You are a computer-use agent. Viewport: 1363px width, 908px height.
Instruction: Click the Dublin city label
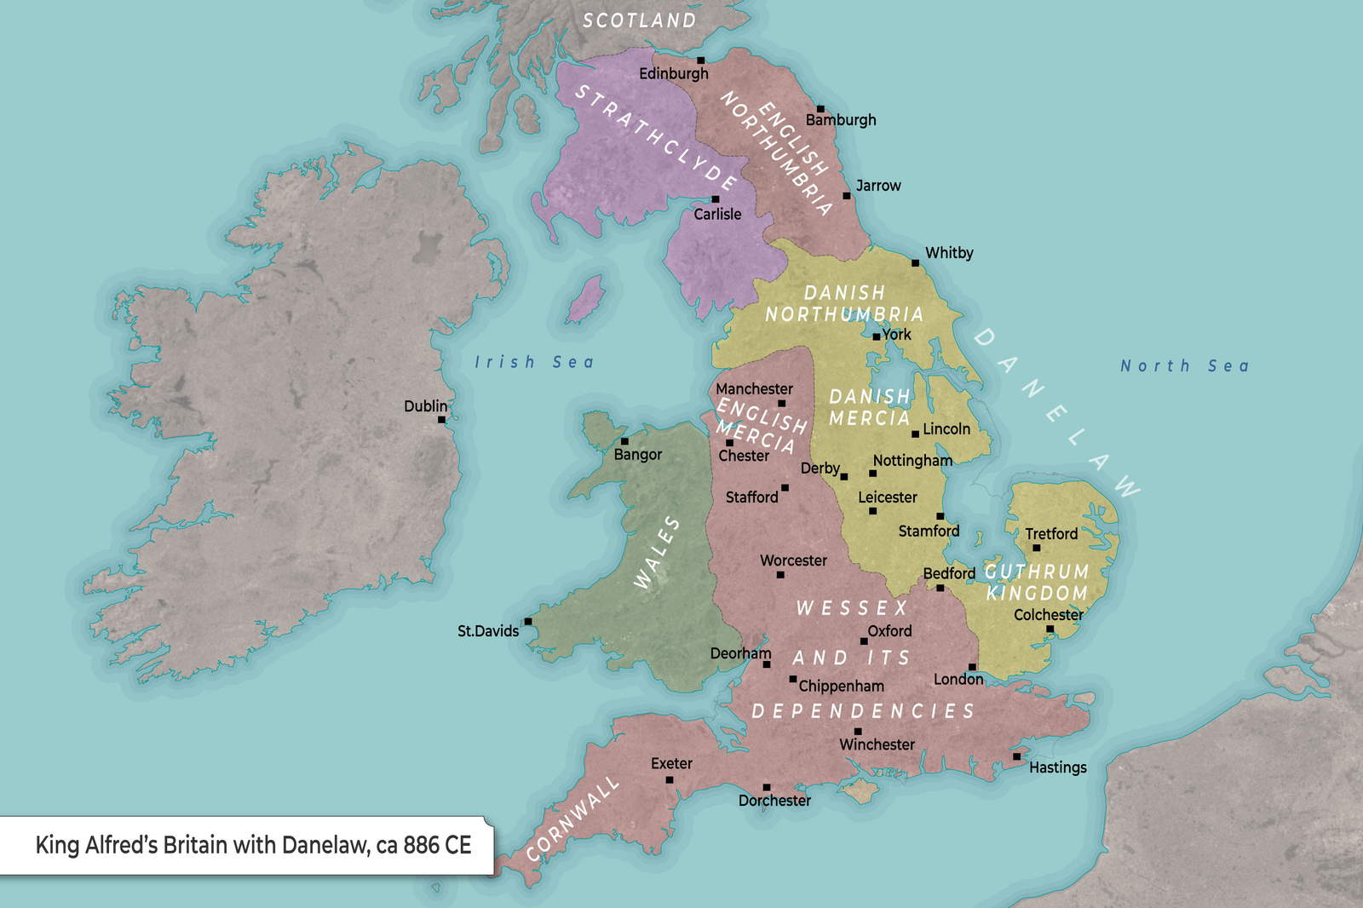[425, 406]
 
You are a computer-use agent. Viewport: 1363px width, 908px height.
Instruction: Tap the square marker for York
[876, 337]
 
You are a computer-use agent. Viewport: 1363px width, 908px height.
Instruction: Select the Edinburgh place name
[674, 74]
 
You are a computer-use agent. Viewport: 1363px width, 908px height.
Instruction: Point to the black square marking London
[972, 667]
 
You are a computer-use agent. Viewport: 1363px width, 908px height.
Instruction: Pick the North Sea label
[1184, 366]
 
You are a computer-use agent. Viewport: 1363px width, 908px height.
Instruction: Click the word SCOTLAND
[639, 20]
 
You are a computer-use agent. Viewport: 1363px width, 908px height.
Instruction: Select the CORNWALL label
[572, 819]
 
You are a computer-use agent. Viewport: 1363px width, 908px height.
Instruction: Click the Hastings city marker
[1016, 756]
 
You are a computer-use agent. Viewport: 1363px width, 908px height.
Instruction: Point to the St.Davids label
[488, 631]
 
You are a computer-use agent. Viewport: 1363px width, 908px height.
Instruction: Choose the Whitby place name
[949, 253]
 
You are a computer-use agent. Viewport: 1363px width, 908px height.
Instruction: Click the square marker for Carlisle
[716, 199]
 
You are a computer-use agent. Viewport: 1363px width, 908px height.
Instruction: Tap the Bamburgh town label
[841, 120]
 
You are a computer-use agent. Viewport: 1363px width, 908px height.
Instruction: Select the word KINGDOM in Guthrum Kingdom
[1037, 593]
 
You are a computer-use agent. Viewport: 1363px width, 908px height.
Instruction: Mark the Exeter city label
[671, 763]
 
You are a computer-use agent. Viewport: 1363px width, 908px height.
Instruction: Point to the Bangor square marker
[624, 441]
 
